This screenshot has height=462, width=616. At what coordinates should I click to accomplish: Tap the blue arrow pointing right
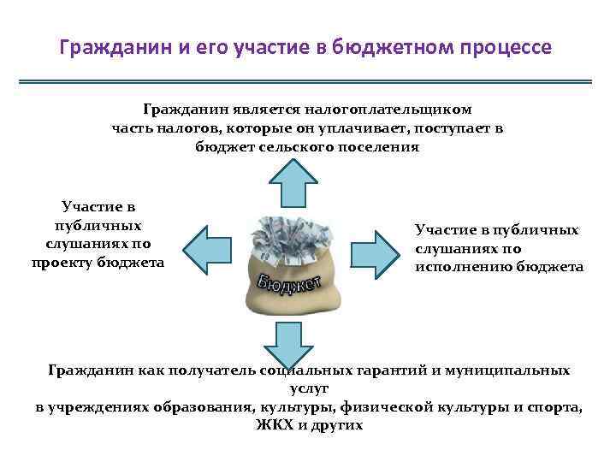point(376,248)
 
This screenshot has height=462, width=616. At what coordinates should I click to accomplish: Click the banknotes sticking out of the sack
point(288,236)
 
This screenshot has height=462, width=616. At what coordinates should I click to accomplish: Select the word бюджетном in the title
point(385,46)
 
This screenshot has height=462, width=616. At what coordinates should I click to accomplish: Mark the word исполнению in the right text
point(464,267)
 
